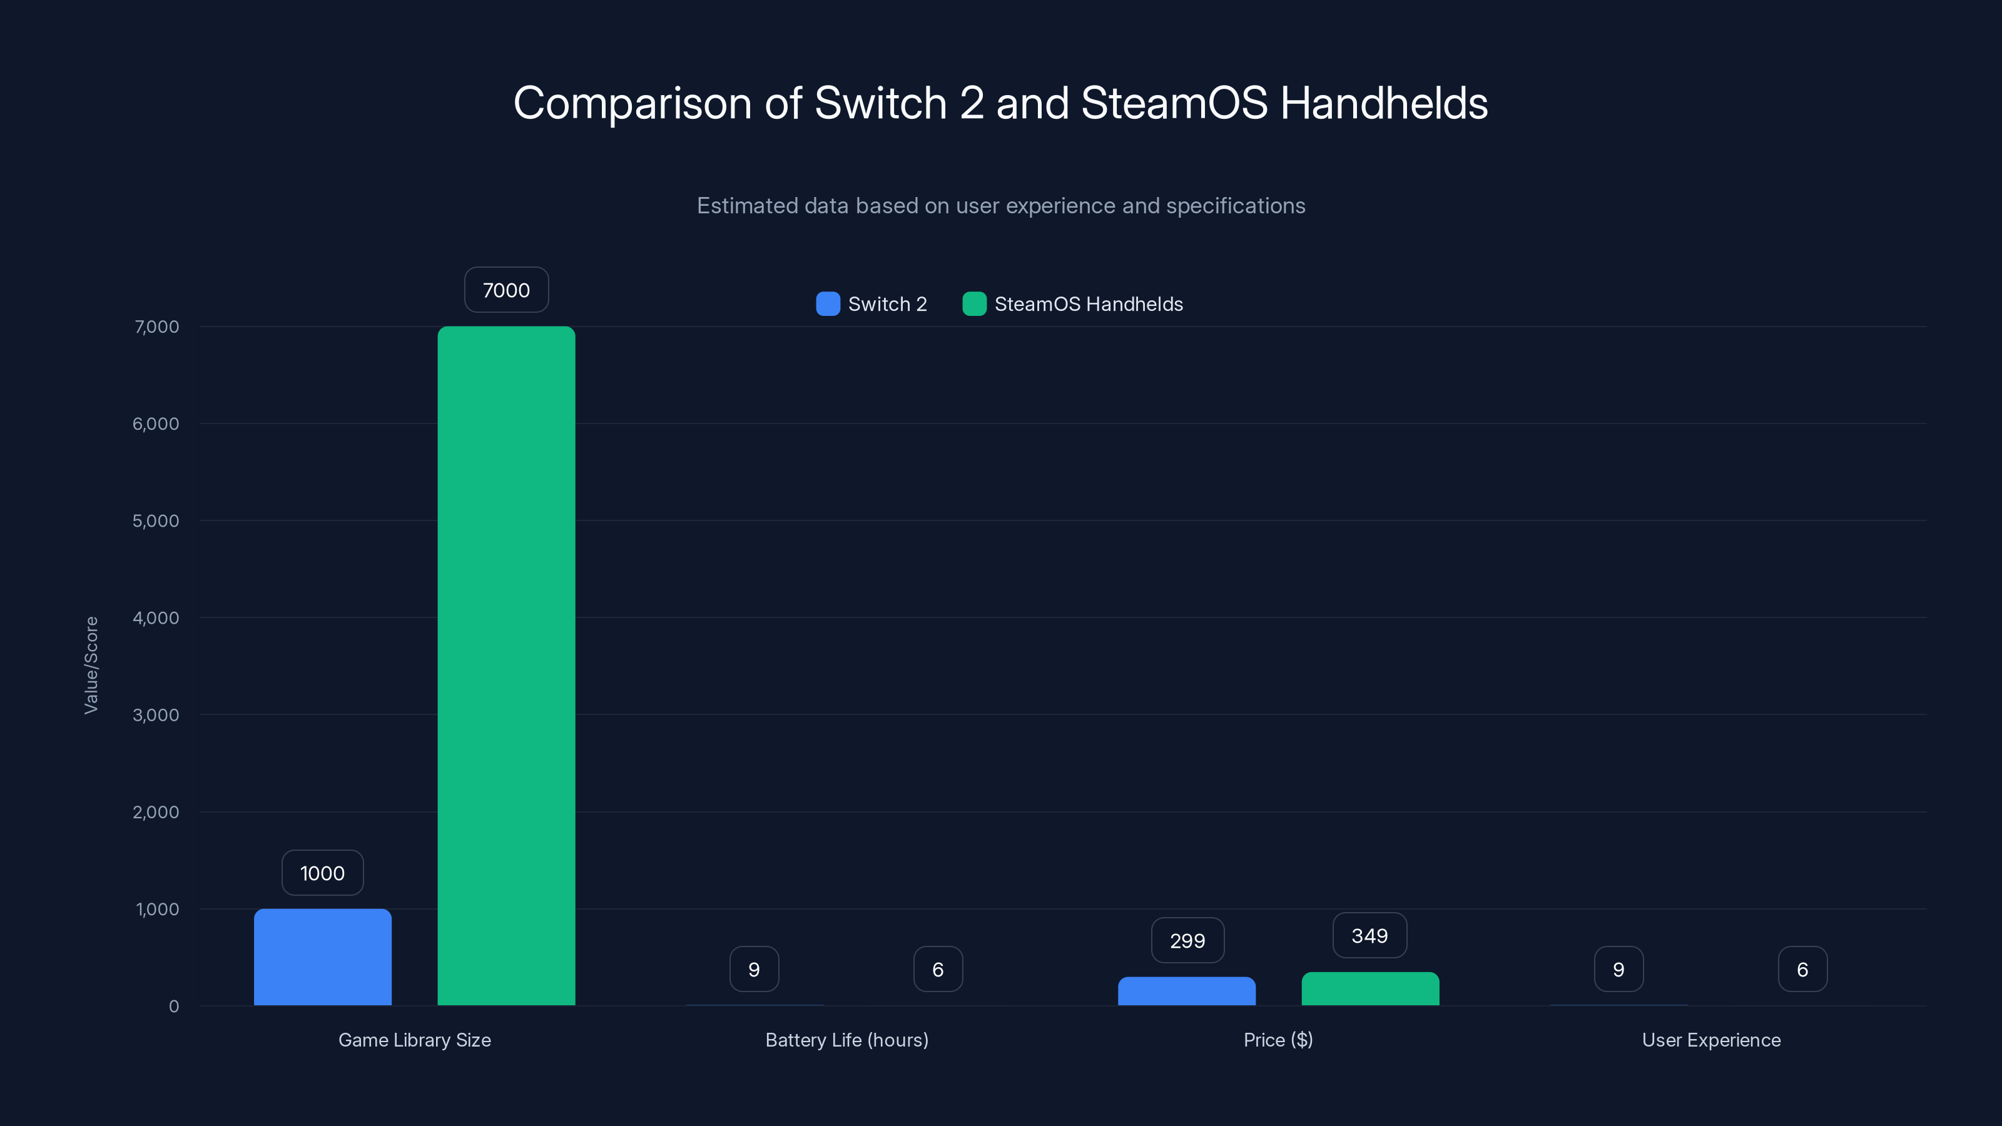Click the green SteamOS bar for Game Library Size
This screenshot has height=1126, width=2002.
tap(506, 665)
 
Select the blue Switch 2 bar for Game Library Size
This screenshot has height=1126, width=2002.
tap(323, 956)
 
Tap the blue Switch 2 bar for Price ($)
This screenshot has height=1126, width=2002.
tap(1187, 991)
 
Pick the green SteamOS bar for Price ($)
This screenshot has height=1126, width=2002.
tap(1370, 988)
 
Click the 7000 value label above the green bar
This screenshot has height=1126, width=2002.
tap(506, 290)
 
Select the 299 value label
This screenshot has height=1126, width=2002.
tap(1187, 940)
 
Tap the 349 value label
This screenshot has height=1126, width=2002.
tap(1369, 936)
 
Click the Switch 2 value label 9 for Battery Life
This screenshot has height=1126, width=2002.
tap(754, 969)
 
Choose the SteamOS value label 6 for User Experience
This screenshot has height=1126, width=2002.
tap(1802, 969)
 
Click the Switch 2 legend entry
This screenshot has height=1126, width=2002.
tap(872, 304)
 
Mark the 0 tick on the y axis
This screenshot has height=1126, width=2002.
tap(173, 1007)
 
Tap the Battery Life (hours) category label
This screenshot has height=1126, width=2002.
tap(846, 1040)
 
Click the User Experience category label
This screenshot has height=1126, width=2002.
tap(1710, 1040)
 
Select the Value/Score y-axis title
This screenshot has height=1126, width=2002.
tap(91, 665)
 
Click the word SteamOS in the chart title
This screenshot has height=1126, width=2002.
tap(1174, 103)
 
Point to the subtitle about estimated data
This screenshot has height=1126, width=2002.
tap(1000, 206)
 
